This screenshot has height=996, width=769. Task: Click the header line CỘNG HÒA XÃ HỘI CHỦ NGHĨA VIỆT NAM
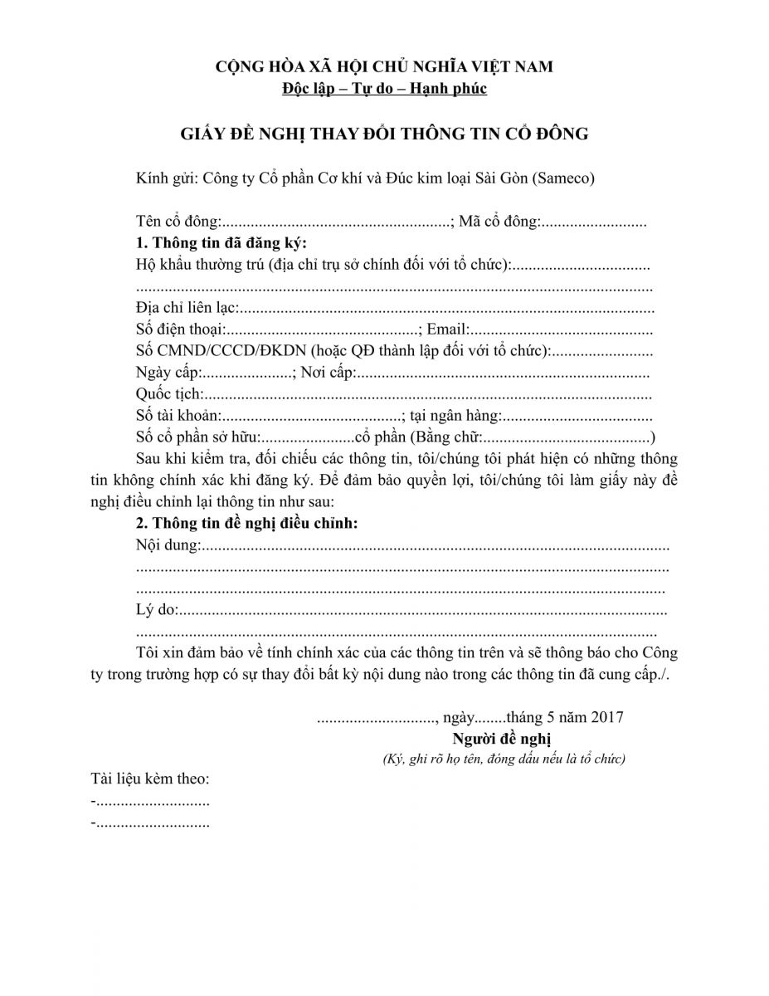(x=384, y=67)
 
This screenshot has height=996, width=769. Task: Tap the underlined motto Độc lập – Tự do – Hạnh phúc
(x=384, y=88)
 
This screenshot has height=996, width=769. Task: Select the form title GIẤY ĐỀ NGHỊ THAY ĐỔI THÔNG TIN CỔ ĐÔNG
(x=384, y=133)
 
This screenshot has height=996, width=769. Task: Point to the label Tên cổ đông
(x=177, y=222)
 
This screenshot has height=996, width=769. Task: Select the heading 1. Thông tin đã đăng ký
(x=221, y=243)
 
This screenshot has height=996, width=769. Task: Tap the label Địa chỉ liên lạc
(x=186, y=309)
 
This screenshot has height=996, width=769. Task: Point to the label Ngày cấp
(x=168, y=373)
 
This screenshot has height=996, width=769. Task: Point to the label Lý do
(x=156, y=611)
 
